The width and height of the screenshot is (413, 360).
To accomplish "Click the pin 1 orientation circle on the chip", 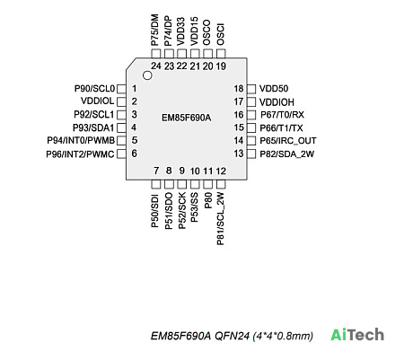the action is pos(147,75).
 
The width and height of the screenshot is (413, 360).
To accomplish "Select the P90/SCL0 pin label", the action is pos(94,89).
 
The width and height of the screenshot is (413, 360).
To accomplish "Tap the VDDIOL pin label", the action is pos(98,101).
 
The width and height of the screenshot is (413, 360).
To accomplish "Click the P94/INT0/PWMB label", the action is pos(81,140).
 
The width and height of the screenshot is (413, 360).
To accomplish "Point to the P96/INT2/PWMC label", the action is pos(80,154).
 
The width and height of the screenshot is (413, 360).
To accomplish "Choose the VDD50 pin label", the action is pos(274,89).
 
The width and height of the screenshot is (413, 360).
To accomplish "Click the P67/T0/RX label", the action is pos(282,115).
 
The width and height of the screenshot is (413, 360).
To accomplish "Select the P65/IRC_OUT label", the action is pos(288,140).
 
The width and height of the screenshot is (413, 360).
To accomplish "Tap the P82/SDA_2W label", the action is pos(286,154).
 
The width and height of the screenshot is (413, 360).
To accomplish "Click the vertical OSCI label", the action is pos(221,34).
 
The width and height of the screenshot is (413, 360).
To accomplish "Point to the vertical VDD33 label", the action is pos(181,31).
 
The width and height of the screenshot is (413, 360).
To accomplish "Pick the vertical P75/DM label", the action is pos(155,30).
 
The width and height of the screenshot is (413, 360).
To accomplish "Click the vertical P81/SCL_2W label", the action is pos(221,219).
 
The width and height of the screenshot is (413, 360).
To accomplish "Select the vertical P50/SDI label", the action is pos(155,210).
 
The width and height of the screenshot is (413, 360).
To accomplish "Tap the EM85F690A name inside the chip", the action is pos(186,118).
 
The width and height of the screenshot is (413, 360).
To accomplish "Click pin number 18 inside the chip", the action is pos(239,89).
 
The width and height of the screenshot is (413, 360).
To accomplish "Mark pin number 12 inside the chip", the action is pos(221,171).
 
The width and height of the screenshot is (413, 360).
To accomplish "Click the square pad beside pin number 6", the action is pos(121,154).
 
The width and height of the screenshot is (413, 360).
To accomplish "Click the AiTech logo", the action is pos(357,335).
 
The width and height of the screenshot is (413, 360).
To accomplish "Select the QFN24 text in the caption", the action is pos(232,336).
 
